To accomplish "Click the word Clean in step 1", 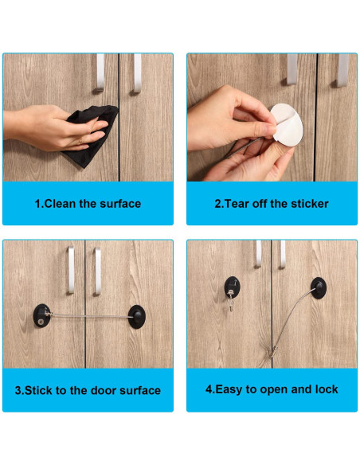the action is (60, 204).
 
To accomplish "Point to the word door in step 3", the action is (104, 390).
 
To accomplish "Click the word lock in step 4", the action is (327, 389).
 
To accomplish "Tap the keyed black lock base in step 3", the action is (41, 315).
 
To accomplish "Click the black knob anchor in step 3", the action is (137, 316).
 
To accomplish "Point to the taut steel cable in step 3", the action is (90, 316).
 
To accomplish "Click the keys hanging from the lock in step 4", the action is (231, 301).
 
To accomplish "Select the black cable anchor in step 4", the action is (319, 288).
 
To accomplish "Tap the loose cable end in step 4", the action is (272, 353).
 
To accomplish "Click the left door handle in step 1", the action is (100, 72).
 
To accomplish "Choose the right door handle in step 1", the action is (138, 73).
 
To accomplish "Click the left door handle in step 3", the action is (71, 270).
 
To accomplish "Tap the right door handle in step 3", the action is (97, 272).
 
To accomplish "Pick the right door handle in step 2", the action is (343, 70).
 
